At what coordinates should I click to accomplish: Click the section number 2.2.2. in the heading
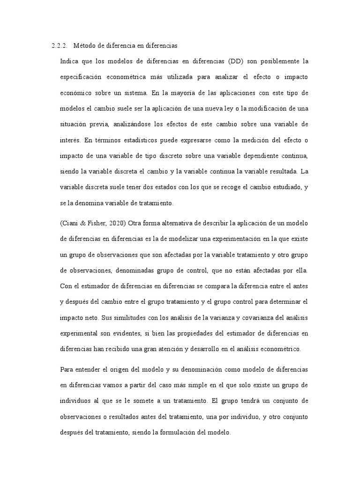60,46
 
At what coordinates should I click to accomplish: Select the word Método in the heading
83,46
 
